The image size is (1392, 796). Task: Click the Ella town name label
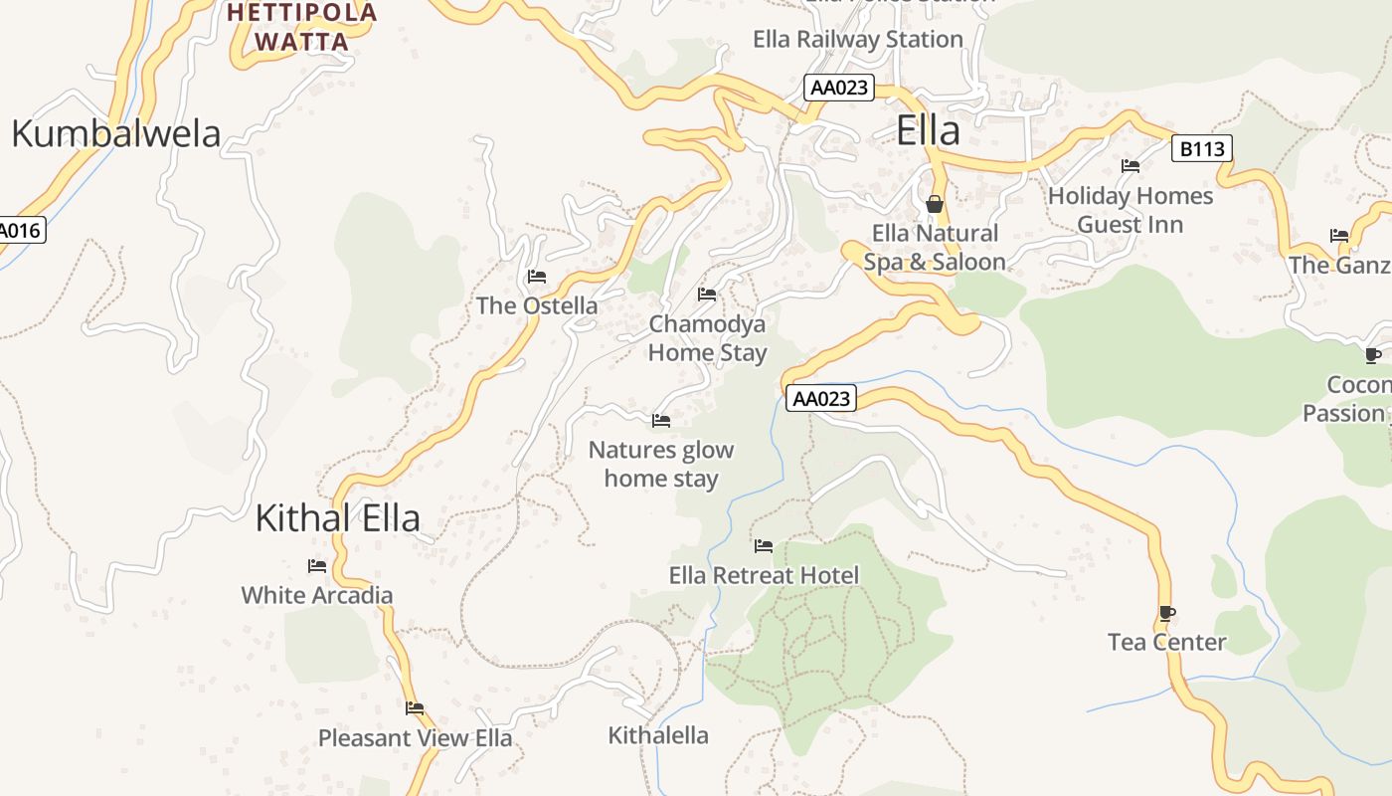tap(929, 131)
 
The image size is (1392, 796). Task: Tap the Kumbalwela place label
tap(115, 133)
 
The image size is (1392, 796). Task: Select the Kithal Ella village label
tap(337, 518)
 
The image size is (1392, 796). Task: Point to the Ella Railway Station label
tap(858, 40)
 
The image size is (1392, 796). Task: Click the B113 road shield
tap(1202, 149)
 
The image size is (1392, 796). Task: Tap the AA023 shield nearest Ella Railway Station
tap(839, 88)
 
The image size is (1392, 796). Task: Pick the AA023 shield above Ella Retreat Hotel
tap(821, 399)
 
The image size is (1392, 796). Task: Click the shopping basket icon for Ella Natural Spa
tap(935, 204)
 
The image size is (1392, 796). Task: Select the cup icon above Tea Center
tap(1167, 613)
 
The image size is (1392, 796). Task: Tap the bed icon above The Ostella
tap(537, 276)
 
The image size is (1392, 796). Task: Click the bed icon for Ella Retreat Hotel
tap(764, 545)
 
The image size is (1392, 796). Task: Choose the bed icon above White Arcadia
tap(317, 566)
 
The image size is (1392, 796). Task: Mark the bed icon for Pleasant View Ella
tap(415, 708)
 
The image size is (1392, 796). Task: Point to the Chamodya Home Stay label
tap(707, 338)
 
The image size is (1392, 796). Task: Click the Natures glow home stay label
tap(661, 464)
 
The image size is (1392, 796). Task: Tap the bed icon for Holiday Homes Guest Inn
tap(1131, 166)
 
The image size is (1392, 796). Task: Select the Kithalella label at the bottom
tap(658, 735)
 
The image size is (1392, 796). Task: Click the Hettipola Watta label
tap(302, 27)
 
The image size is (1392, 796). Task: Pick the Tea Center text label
tap(1167, 642)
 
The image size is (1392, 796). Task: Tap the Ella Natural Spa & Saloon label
tap(935, 248)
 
